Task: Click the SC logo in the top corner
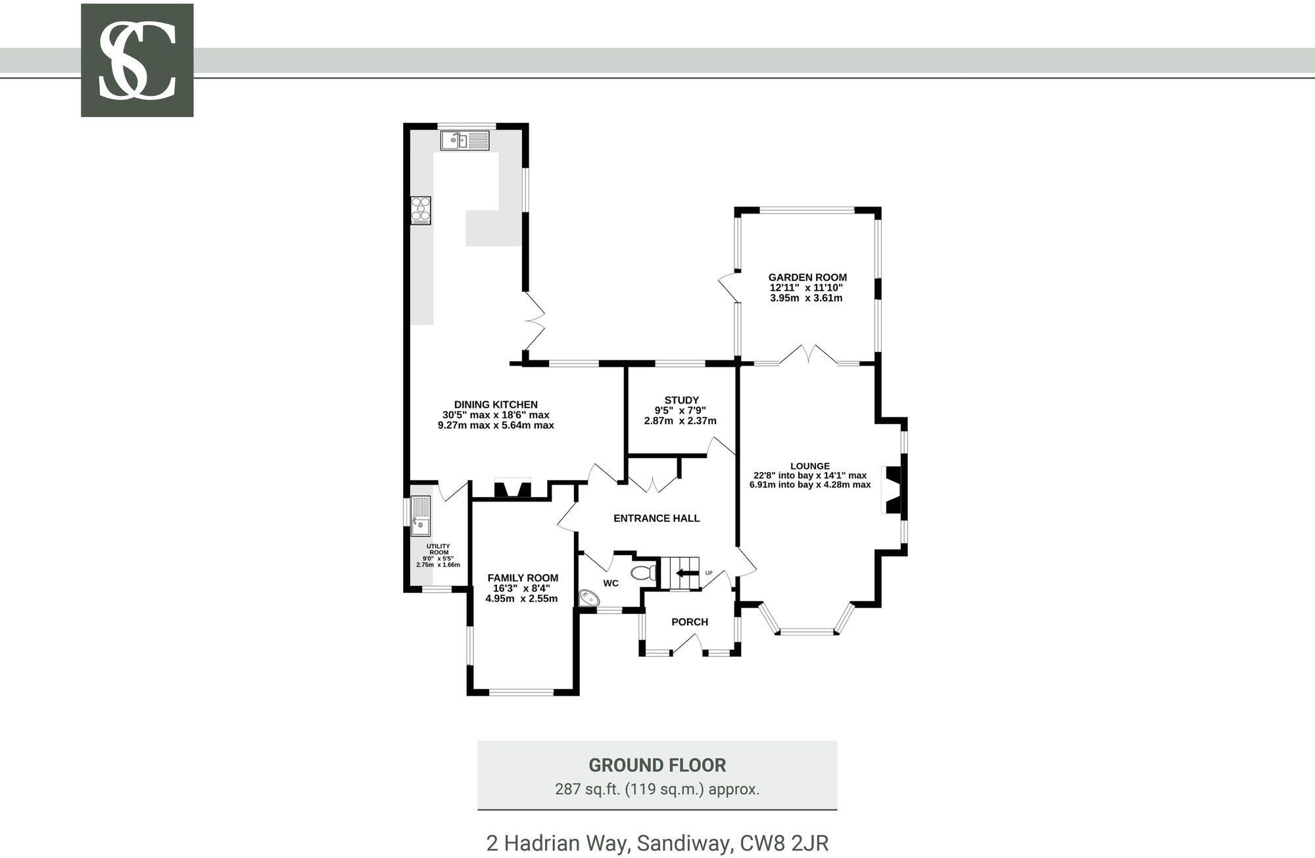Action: (x=137, y=60)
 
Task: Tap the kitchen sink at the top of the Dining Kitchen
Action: (x=464, y=140)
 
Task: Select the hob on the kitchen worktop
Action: (x=421, y=210)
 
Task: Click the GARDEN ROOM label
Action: (x=807, y=277)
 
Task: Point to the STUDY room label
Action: (x=681, y=400)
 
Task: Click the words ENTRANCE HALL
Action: (x=656, y=518)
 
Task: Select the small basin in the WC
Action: (x=588, y=597)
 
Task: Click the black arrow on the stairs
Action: (x=688, y=573)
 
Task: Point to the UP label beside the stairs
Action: (x=709, y=573)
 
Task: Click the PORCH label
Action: (x=690, y=622)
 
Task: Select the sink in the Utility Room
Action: (x=420, y=516)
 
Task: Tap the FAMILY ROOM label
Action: (x=523, y=578)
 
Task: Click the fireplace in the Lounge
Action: (x=894, y=490)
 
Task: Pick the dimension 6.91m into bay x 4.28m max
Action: (x=810, y=485)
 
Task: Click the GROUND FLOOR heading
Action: (x=657, y=765)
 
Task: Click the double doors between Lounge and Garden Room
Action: (x=809, y=355)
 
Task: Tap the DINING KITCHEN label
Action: (x=496, y=404)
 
